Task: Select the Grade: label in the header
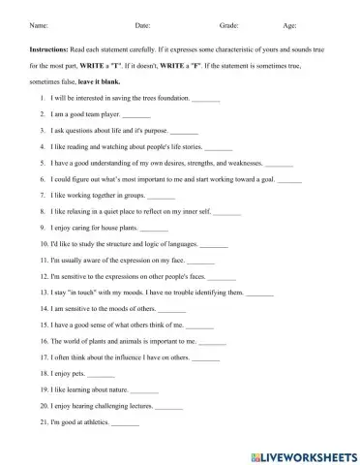(229, 25)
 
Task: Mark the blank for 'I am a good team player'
(136, 114)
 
